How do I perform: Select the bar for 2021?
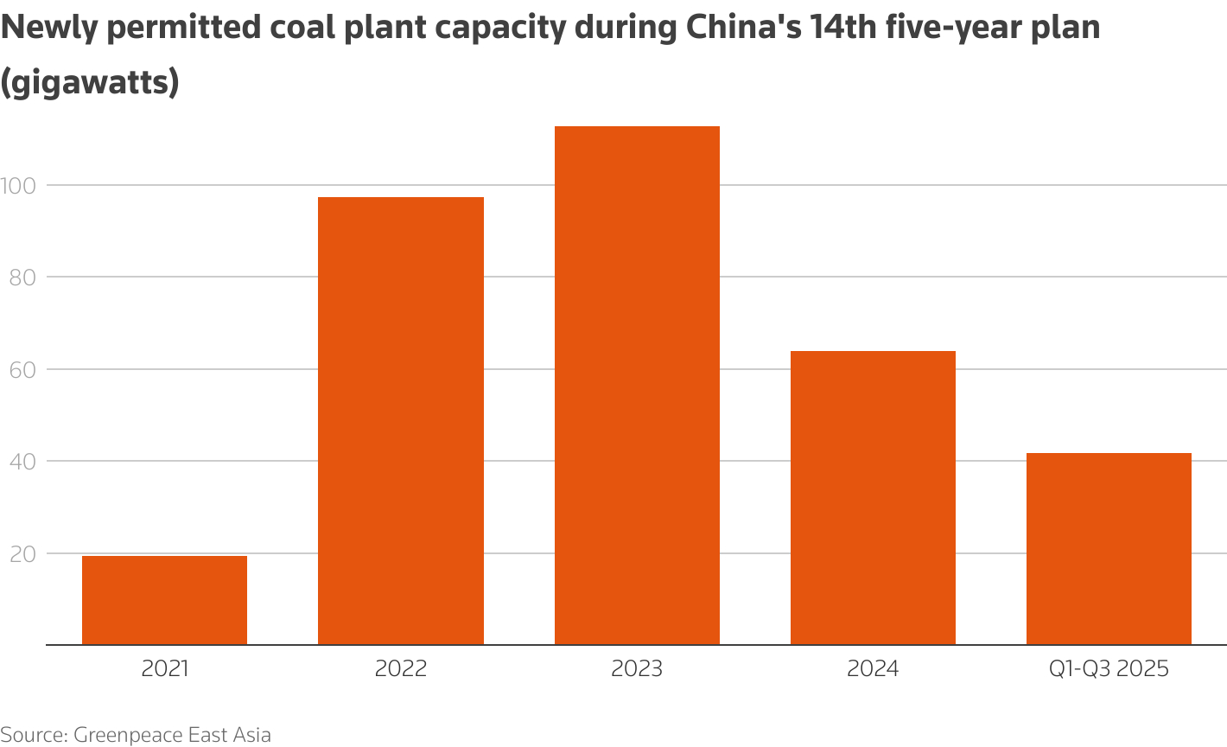pos(164,600)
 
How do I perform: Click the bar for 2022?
pos(401,421)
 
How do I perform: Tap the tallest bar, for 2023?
pos(637,386)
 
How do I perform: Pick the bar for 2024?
pos(873,498)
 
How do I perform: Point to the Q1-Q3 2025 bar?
pos(1109,549)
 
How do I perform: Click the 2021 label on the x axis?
pos(164,669)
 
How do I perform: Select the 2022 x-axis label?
pos(401,669)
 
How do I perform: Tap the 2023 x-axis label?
pos(637,669)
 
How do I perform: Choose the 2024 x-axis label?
pos(873,669)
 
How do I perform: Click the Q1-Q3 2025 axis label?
pos(1109,669)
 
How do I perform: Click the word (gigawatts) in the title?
pos(90,83)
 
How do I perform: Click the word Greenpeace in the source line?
pos(129,735)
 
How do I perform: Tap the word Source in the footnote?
pos(32,735)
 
